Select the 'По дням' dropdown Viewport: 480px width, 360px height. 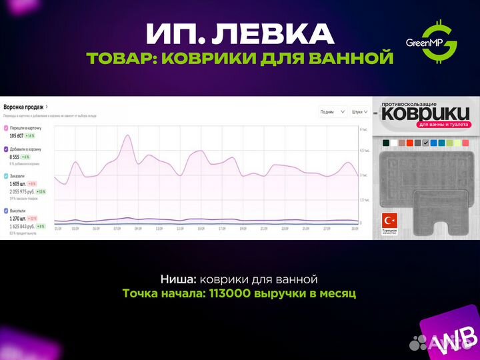(x=332, y=111)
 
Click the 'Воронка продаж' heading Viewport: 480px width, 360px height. (x=25, y=107)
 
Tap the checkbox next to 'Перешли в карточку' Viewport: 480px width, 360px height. (x=6, y=127)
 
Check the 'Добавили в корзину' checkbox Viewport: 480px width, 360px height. (x=6, y=149)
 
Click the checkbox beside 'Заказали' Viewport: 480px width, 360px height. (x=6, y=176)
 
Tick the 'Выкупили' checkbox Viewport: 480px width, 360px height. (x=6, y=210)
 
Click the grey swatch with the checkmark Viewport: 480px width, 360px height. (x=425, y=143)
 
